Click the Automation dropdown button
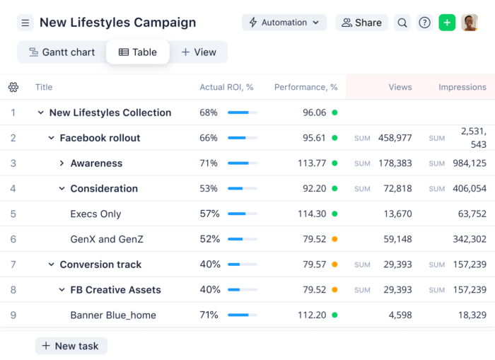284,23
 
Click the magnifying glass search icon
402,23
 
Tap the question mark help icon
424,23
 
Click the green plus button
447,23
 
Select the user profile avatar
470,23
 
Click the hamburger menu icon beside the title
25,23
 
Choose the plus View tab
199,52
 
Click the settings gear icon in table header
13,87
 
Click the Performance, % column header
305,87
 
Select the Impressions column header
462,87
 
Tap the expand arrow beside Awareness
62,163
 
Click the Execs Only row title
95,214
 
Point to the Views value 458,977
395,138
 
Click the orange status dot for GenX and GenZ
334,239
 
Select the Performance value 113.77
312,163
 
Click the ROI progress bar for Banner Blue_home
243,315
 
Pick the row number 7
13,265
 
